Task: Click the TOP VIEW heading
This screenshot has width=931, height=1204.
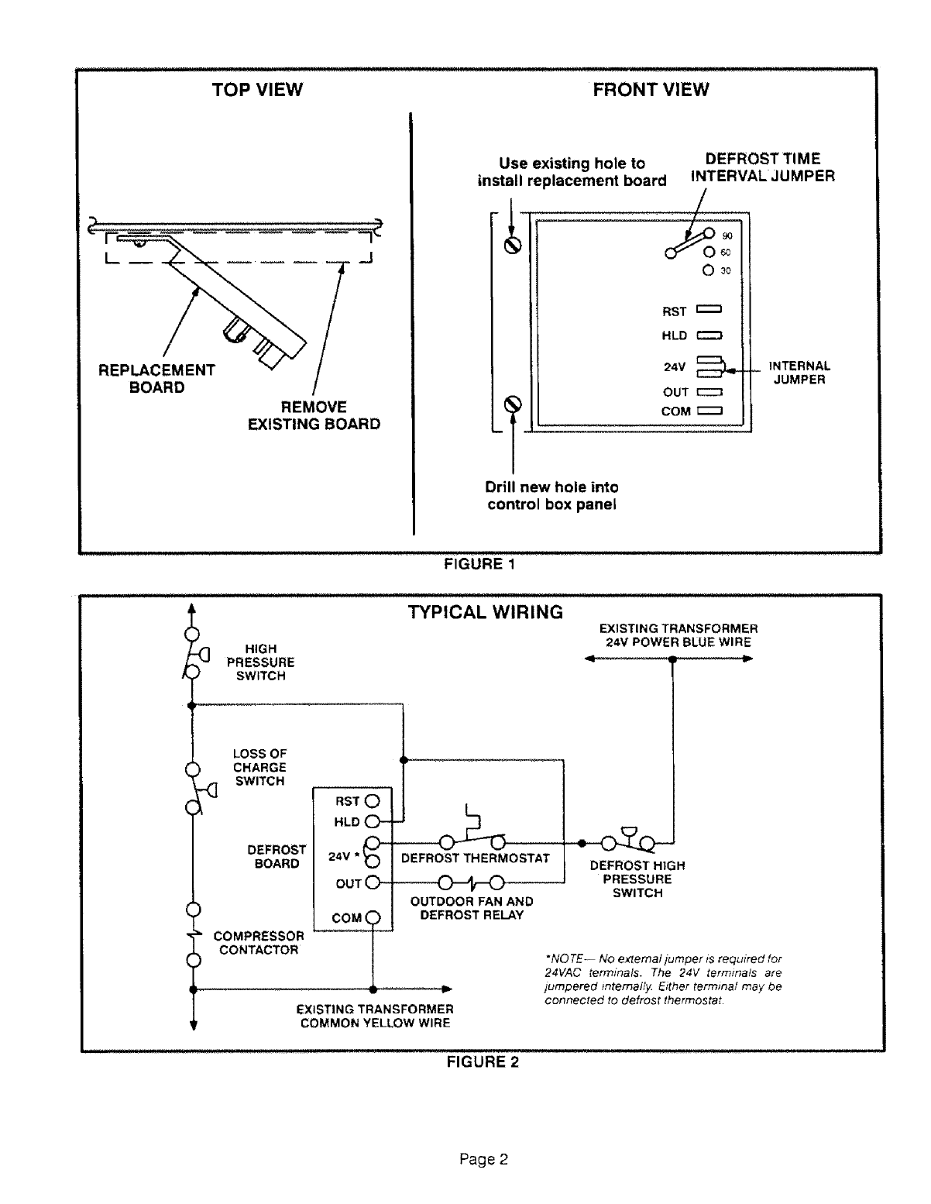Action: (257, 90)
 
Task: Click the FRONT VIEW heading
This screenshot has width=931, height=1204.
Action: (651, 90)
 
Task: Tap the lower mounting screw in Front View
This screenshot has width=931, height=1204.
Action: (511, 404)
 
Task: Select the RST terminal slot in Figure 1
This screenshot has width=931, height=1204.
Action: (709, 311)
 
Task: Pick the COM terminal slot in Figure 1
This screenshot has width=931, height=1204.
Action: (709, 411)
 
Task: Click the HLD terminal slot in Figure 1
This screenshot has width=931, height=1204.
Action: (709, 335)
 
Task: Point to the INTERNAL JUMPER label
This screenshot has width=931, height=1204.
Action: (799, 373)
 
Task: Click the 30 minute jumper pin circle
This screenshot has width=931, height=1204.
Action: (708, 271)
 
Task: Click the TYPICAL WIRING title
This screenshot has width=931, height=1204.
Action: (486, 612)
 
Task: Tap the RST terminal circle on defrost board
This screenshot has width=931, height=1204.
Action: (373, 800)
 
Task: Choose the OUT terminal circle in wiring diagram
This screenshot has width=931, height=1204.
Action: (373, 882)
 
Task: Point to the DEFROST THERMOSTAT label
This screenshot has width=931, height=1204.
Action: (476, 858)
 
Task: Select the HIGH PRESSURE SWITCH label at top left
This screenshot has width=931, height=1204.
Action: (260, 662)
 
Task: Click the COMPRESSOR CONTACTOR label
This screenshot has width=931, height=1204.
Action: (259, 943)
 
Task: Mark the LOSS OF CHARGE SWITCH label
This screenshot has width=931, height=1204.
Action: (260, 767)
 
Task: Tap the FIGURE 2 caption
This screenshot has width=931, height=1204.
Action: (483, 1062)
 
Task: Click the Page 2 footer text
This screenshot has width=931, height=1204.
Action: (483, 1160)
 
